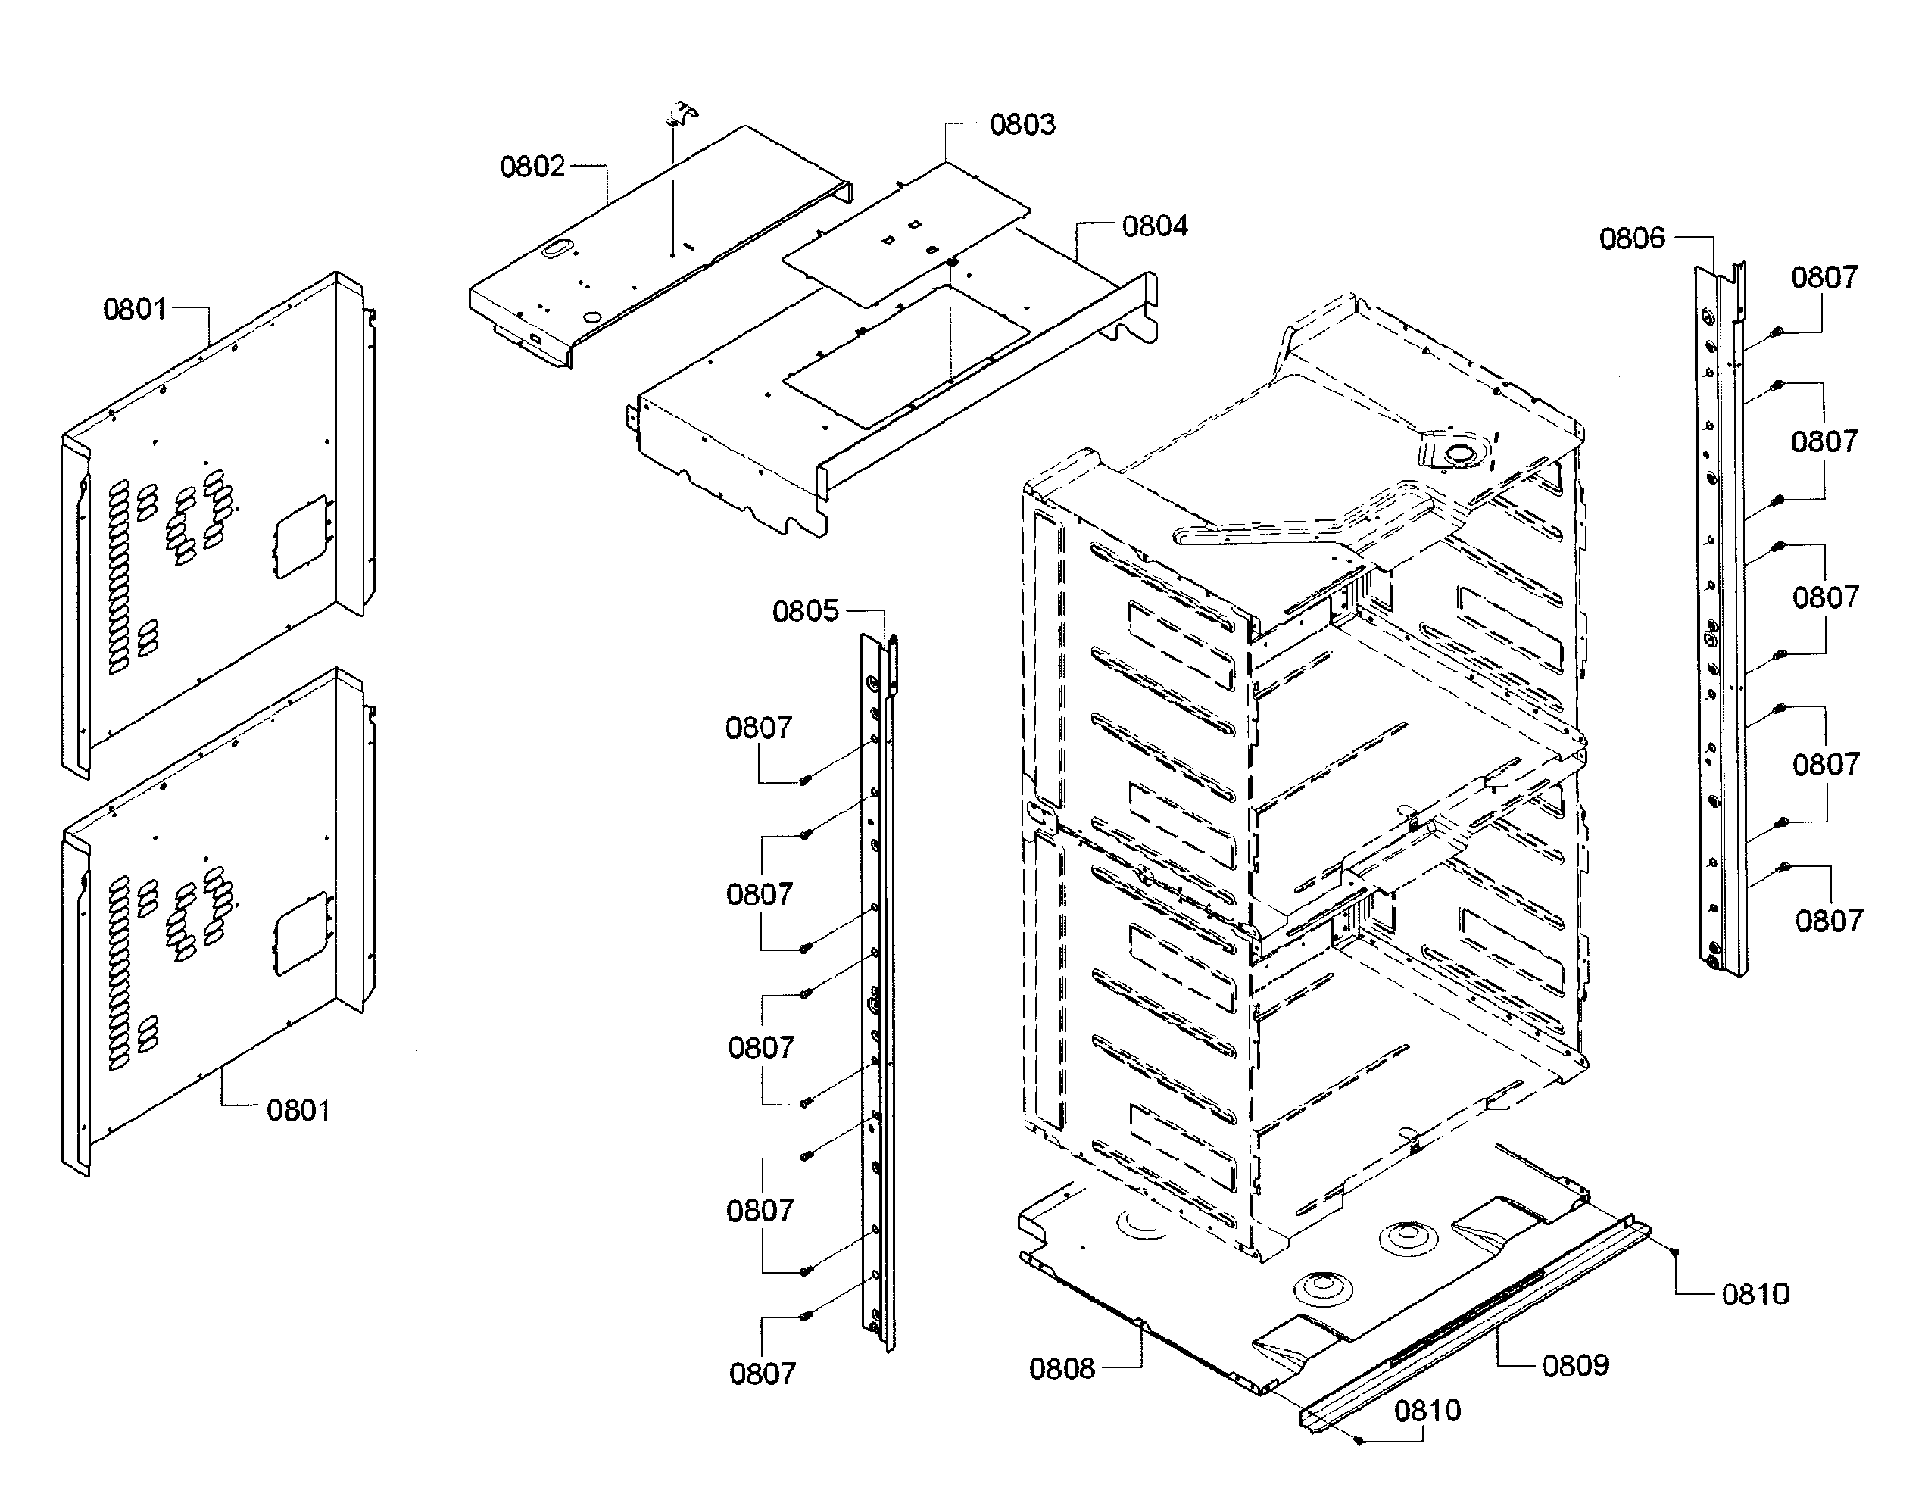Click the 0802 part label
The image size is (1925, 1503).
532,167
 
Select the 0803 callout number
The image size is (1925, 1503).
1022,124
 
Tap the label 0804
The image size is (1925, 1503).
1154,226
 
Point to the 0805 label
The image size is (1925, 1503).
805,612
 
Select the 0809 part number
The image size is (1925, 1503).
1575,1364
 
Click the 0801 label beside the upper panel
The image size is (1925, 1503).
135,310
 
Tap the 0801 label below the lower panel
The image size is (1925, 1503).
298,1110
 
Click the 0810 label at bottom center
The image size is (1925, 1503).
1427,1411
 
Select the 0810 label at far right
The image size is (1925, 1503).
1755,1294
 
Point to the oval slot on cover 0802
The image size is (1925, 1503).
556,251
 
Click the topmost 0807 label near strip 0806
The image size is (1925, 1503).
1824,278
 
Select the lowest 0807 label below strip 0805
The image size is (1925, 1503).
762,1374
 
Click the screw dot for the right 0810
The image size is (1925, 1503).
1674,1252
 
